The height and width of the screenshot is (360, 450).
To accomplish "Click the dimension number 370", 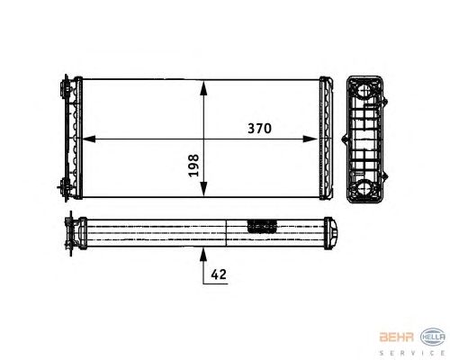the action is (259, 129).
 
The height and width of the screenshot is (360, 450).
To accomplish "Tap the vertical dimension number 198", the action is (193, 166).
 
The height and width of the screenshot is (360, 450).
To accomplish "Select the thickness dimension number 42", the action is (219, 274).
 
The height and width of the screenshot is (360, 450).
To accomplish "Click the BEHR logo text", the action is (397, 337).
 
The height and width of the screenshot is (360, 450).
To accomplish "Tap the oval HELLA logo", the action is (433, 337).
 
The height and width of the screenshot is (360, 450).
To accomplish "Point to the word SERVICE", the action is (412, 353).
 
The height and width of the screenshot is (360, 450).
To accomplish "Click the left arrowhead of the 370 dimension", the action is (89, 139).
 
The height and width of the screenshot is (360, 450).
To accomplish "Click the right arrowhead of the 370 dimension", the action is (310, 139).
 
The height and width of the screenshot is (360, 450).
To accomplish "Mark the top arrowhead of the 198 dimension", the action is (203, 87).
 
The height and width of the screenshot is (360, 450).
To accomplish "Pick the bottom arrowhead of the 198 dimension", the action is (203, 189).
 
